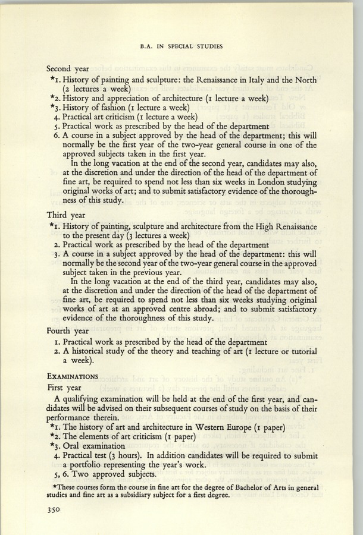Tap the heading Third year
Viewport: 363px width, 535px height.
[66, 215]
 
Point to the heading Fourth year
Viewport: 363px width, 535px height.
[68, 331]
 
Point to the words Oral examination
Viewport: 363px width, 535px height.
[100, 446]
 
